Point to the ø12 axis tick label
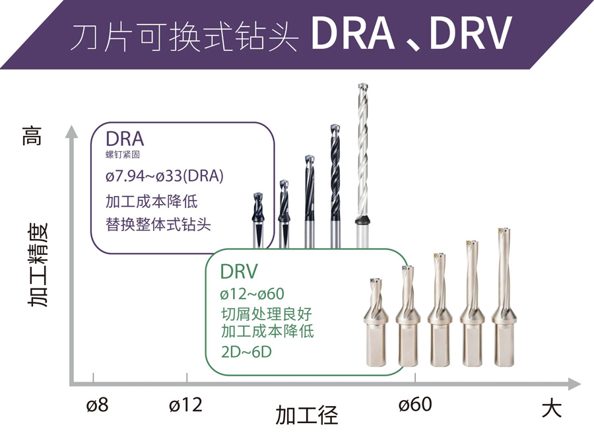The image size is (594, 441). click(185, 405)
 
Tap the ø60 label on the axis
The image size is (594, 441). click(415, 405)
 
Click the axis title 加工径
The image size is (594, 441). click(306, 415)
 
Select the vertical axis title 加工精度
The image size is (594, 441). click(38, 265)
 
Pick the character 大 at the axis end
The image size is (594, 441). click(551, 409)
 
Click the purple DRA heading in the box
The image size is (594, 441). click(125, 139)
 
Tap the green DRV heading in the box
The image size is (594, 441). click(239, 271)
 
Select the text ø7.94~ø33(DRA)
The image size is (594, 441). click(164, 176)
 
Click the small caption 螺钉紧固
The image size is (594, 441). click(122, 154)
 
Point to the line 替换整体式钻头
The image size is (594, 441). click(158, 224)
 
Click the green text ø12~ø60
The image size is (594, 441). click(252, 294)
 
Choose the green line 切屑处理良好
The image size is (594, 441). click(267, 314)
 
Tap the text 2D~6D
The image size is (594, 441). click(246, 352)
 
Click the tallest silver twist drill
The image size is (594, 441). click(363, 166)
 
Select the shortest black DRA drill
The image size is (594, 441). click(258, 220)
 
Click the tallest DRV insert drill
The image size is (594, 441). click(504, 297)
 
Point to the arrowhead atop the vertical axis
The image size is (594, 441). click(71, 131)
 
